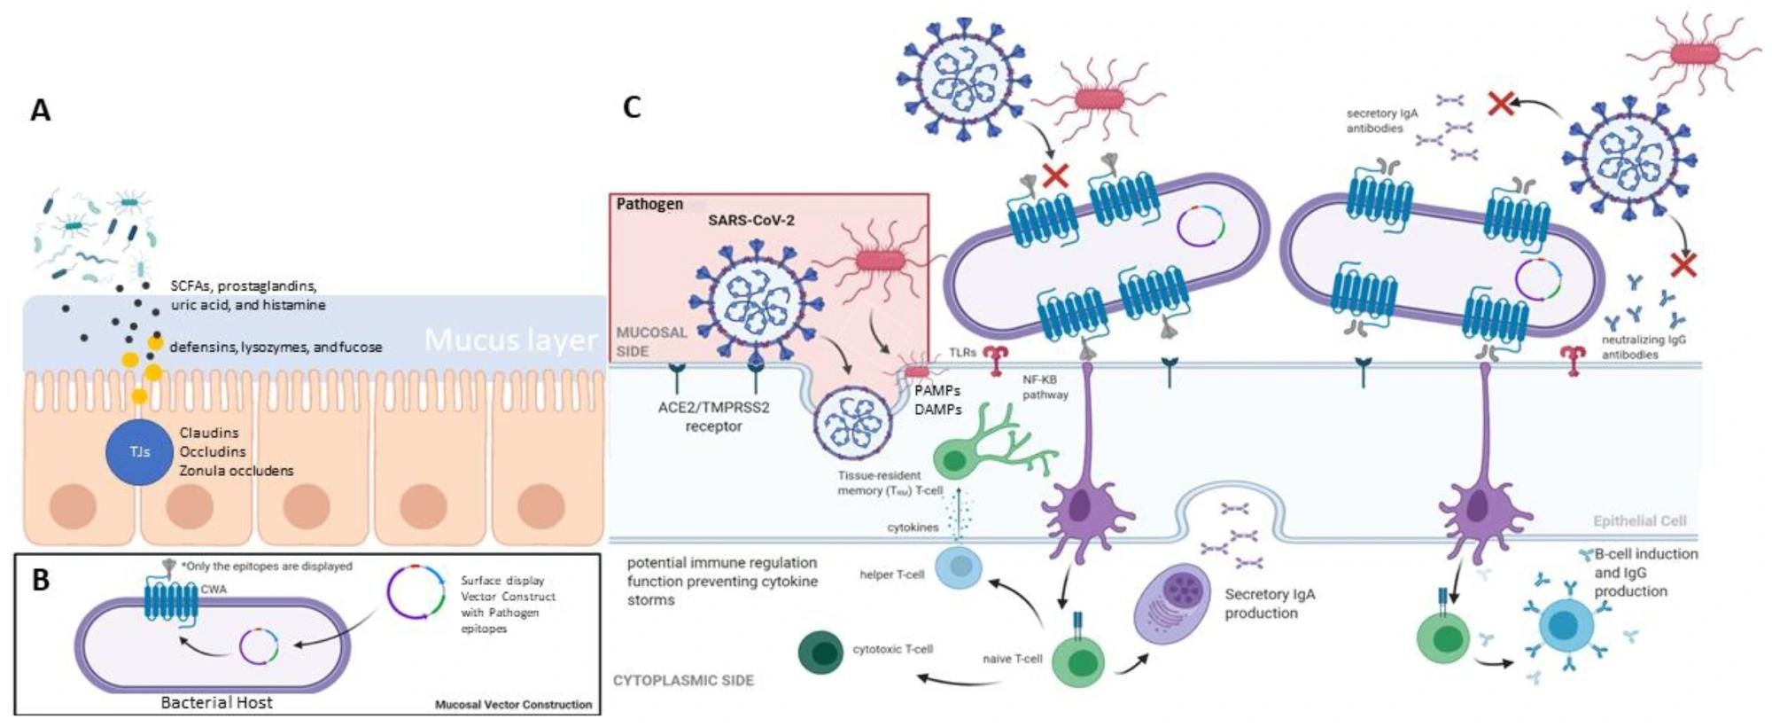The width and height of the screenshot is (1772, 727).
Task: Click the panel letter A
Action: [41, 111]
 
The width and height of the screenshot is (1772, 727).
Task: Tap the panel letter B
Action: [41, 580]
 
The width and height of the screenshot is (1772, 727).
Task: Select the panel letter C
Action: [632, 107]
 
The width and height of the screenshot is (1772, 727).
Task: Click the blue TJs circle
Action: [139, 452]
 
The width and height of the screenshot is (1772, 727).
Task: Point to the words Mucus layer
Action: [510, 340]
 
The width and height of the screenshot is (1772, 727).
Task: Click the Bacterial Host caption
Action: [216, 702]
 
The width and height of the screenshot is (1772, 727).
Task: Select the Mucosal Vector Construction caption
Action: [513, 705]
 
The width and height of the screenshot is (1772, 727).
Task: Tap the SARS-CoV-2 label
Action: [750, 221]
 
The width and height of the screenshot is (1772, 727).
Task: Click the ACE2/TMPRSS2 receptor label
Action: [713, 417]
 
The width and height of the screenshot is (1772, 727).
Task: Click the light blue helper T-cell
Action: [959, 567]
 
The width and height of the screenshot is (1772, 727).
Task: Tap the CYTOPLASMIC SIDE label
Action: [683, 681]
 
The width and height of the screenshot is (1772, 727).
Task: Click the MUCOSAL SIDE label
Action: [651, 341]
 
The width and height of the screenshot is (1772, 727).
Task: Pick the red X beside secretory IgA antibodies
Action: [1500, 105]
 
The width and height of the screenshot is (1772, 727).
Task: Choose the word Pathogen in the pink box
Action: [649, 204]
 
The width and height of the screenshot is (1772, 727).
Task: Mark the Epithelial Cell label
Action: [1639, 521]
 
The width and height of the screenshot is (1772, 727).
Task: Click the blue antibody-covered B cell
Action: [1563, 626]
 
